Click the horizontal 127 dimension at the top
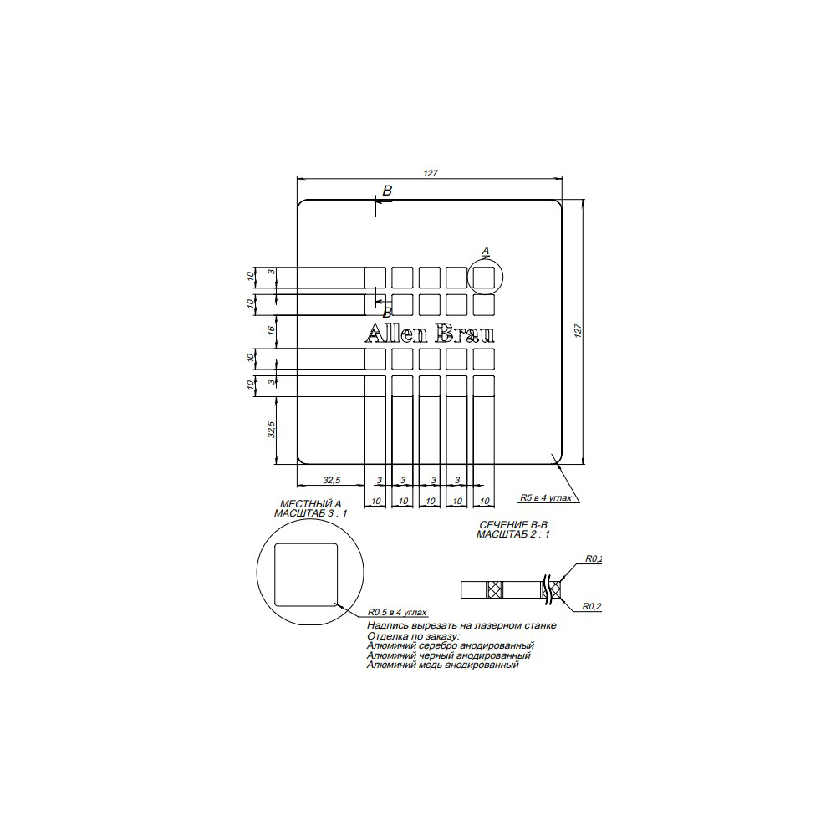point(431,173)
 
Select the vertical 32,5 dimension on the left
point(271,431)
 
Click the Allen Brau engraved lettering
point(430,334)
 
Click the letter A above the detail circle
point(486,250)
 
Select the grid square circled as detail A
point(485,277)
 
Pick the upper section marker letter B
point(387,191)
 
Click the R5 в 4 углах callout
point(546,497)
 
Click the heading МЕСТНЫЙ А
point(311,505)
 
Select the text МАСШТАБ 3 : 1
point(311,514)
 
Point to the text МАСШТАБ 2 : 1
point(512,533)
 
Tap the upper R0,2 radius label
point(593,558)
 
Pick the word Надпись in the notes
point(386,625)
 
